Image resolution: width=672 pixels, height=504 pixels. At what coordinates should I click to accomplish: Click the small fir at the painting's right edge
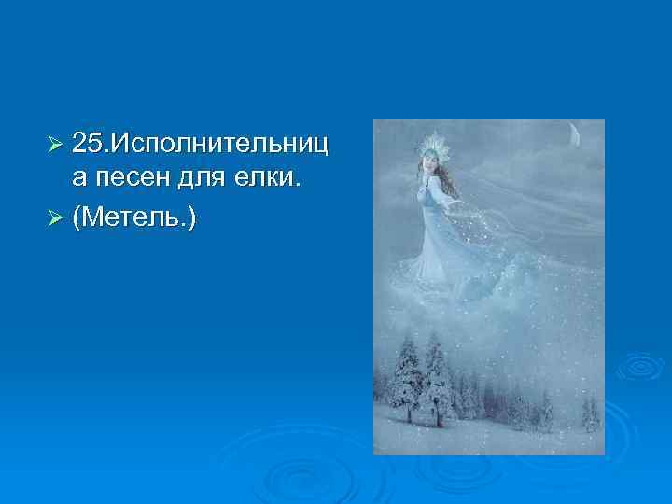[589, 411]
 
